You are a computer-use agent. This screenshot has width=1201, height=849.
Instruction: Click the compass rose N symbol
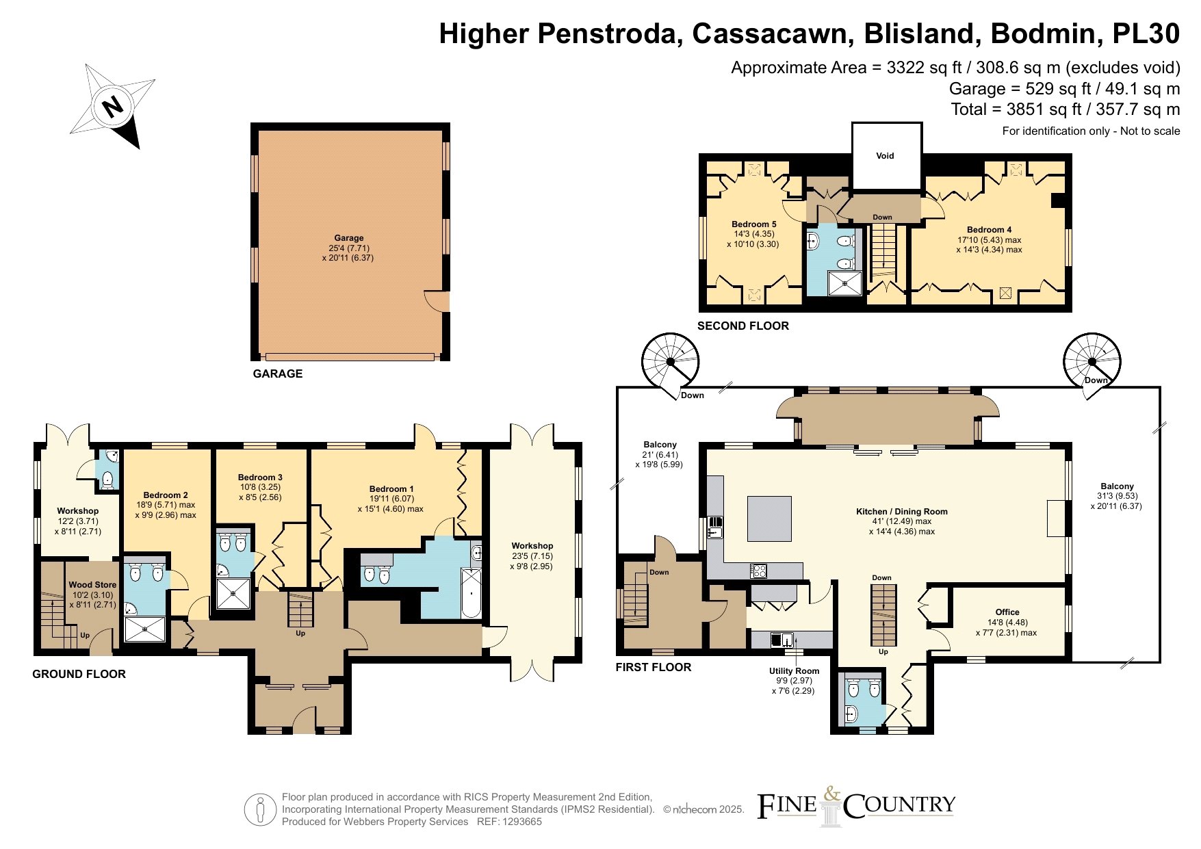pos(112,106)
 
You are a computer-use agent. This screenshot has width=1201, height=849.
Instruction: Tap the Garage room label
pos(349,238)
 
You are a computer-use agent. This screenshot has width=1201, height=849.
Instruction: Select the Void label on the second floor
pos(885,156)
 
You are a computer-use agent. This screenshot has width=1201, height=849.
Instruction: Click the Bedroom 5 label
pos(753,224)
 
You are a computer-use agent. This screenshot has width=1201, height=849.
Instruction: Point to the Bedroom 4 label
pos(989,230)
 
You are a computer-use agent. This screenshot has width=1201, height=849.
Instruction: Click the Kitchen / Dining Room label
pos(902,512)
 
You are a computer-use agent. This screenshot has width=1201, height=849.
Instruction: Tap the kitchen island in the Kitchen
pos(770,519)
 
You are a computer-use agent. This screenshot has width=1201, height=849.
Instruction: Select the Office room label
pos(1007,612)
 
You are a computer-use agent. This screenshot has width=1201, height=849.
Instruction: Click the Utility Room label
pos(794,671)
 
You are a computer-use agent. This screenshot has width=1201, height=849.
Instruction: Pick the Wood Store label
pos(92,585)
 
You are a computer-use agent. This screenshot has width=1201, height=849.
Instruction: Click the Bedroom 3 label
pos(260,478)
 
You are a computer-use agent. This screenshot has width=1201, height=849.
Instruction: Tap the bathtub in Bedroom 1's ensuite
pos(472,592)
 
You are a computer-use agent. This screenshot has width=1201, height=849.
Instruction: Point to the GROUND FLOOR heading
pos(79,674)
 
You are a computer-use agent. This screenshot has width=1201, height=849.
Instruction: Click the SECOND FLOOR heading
pos(743,326)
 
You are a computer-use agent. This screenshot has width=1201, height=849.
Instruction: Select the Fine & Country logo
pos(855,806)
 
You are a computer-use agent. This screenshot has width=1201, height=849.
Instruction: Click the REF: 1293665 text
pos(509,822)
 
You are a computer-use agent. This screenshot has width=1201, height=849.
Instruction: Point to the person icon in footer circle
pos(260,809)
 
